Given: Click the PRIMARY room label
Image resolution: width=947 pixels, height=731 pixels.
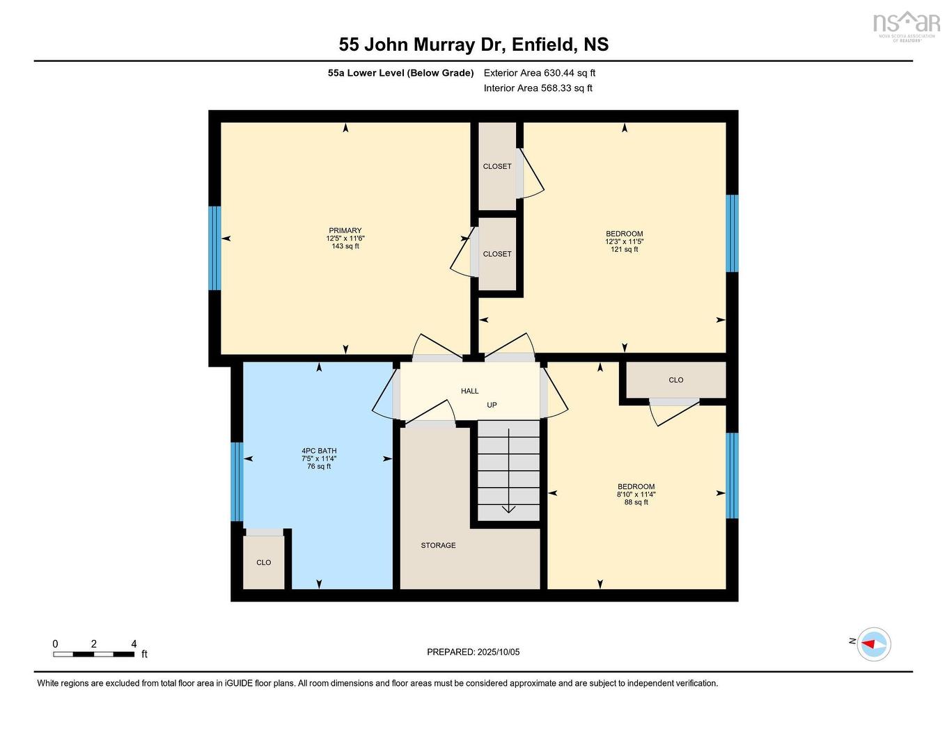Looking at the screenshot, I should point(345,231).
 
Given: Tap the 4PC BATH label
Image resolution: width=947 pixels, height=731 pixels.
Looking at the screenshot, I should point(319,451).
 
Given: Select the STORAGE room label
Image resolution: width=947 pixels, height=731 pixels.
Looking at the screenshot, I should point(438,545).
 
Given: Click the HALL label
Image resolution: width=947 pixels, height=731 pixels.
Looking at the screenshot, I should point(470,391).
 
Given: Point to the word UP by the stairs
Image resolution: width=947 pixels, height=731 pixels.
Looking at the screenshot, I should point(492,405).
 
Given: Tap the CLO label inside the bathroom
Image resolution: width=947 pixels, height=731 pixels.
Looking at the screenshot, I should point(264,562).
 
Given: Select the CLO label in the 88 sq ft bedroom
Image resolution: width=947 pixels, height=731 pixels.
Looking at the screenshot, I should point(675,380).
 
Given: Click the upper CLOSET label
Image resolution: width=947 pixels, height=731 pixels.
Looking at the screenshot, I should point(497,166).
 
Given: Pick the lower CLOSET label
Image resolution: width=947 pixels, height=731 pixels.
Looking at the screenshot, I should point(497,254).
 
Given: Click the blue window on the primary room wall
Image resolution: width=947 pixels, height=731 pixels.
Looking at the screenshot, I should point(215,248).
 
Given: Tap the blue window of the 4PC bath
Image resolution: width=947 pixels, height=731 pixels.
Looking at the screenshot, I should point(237,481).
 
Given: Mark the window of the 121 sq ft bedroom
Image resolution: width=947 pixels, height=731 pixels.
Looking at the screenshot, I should point(732,233).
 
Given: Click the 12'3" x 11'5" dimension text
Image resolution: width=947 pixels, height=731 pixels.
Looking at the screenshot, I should point(624,242).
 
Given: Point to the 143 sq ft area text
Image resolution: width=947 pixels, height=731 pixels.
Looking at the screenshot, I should point(345,246).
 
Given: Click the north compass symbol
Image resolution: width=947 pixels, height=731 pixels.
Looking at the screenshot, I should point(873,644).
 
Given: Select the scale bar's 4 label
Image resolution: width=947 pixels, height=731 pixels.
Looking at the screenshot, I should point(134,644).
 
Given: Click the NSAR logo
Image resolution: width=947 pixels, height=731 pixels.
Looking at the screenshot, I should point(906,24).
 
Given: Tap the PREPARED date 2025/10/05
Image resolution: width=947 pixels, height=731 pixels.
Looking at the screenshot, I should point(498,652).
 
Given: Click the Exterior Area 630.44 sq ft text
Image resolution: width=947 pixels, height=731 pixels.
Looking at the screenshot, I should point(540,73).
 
